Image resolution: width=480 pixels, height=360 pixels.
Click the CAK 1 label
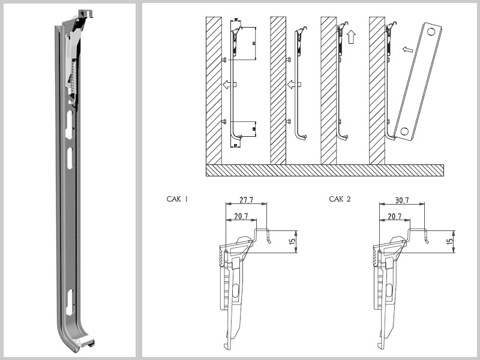coord(178,199)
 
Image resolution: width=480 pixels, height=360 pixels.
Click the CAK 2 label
coord(340,199)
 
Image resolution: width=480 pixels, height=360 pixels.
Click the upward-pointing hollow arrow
coord(352,37)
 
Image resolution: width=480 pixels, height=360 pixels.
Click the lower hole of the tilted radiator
coord(404,130)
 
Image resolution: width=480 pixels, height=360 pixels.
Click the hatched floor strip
coord(324,170)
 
